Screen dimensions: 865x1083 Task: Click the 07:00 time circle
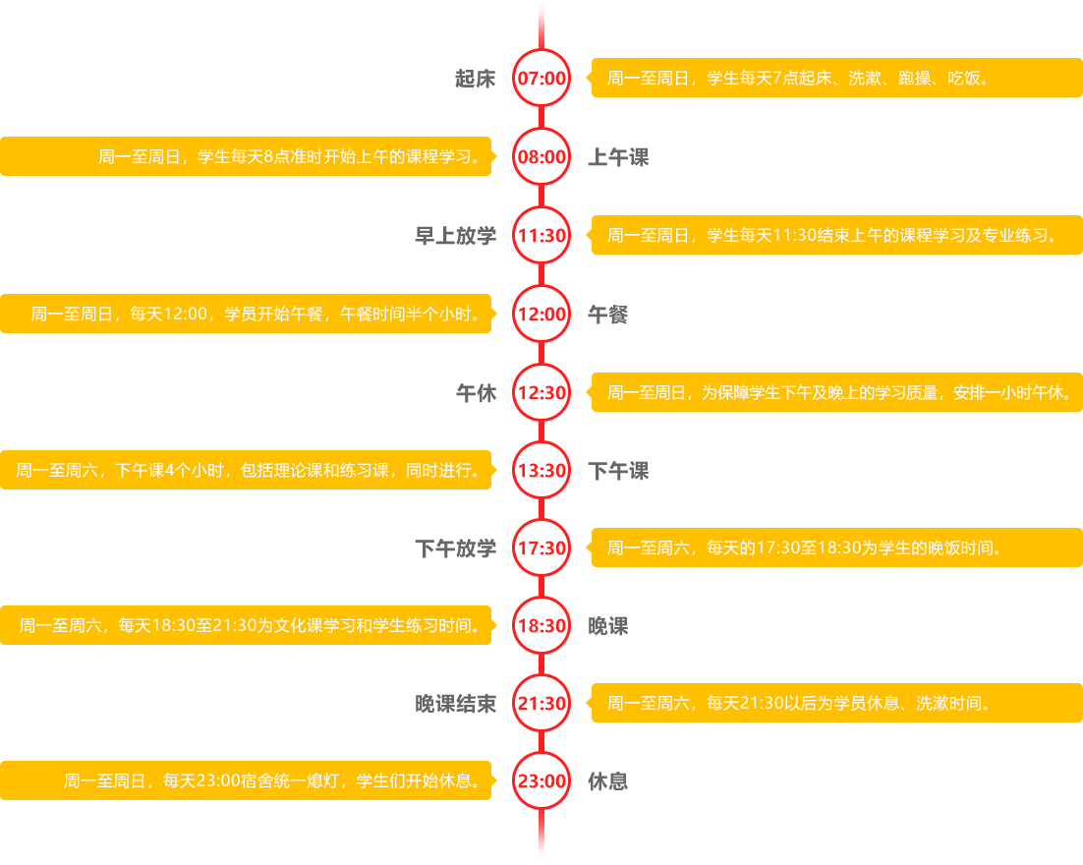(541, 78)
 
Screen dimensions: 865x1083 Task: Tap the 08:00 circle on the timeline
(541, 156)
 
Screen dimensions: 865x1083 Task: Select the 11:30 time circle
(541, 236)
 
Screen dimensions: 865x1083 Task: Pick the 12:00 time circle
(541, 315)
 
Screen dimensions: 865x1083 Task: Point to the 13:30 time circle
(541, 471)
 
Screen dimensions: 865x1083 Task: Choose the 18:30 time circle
(541, 626)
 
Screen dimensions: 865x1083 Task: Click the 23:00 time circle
(541, 781)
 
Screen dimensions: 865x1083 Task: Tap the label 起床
(476, 79)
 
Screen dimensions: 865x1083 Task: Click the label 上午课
(618, 157)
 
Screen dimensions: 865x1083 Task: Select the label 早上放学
(455, 236)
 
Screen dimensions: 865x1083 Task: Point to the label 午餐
(607, 315)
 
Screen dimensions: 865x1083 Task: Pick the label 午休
(476, 393)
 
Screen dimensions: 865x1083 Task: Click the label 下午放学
(455, 548)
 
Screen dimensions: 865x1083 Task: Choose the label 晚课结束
(455, 704)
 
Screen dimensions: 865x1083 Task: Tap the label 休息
(607, 782)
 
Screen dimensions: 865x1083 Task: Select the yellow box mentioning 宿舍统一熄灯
(246, 781)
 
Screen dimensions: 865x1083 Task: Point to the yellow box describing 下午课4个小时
(246, 471)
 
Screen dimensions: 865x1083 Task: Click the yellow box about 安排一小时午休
(835, 392)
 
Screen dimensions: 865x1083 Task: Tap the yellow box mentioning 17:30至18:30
(835, 548)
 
